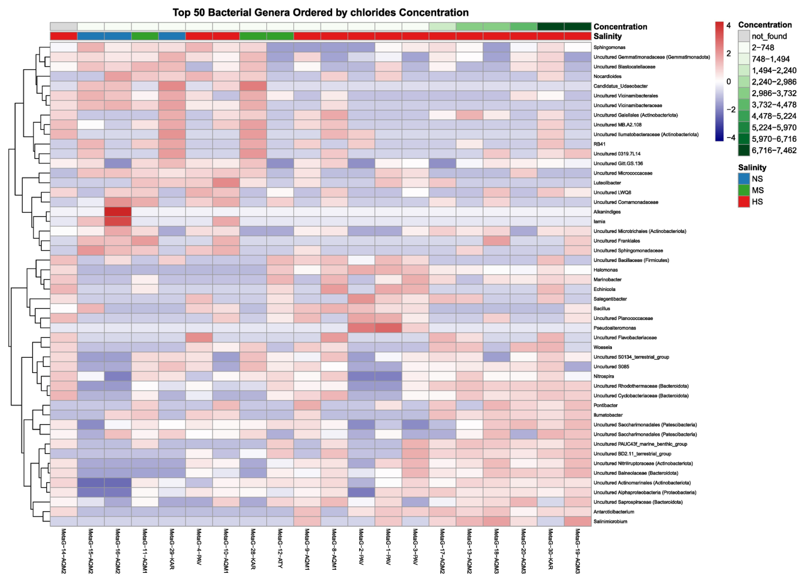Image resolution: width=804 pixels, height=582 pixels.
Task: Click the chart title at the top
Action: point(320,13)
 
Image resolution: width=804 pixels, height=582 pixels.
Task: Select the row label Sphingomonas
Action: point(609,47)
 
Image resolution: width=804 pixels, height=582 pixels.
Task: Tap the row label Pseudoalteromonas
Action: point(614,328)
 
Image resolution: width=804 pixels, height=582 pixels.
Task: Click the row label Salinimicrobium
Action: point(610,521)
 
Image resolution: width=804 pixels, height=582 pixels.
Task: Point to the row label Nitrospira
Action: point(604,376)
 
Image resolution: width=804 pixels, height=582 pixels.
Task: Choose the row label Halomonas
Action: point(605,270)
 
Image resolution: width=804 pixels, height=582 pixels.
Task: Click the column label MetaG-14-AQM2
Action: point(64,551)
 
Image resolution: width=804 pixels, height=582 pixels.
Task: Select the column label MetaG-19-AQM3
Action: point(577,551)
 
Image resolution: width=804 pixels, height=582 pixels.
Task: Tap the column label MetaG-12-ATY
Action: point(280,548)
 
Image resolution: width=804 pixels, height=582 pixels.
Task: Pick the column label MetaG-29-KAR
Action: point(172,548)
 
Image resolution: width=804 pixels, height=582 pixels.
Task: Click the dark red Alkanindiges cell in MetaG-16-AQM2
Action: point(118,212)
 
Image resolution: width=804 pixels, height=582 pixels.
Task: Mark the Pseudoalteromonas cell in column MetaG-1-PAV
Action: point(388,328)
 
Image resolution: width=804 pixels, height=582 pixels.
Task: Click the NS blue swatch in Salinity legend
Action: point(744,179)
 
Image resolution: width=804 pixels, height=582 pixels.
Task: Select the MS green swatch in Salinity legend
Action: point(744,190)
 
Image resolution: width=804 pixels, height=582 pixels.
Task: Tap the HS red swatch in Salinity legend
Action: point(744,202)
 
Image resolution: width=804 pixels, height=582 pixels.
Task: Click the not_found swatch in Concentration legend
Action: point(744,36)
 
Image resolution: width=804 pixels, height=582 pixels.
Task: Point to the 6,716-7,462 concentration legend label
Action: point(774,150)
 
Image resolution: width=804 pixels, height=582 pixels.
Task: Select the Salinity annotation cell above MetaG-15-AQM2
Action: point(91,36)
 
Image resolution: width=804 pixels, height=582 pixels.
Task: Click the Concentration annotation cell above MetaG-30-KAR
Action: point(551,26)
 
